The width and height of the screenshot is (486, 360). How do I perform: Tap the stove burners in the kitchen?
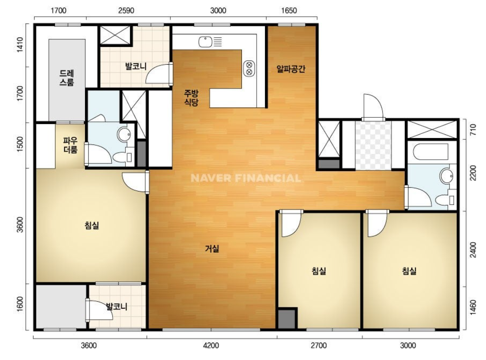[x=249, y=68]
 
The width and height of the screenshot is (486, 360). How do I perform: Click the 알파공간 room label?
[x=291, y=68]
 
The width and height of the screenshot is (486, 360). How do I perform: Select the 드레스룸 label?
[x=67, y=78]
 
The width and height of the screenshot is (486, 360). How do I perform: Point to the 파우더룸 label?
[x=71, y=145]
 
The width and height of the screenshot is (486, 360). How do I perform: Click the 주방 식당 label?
[x=191, y=98]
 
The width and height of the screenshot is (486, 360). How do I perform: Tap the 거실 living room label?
[x=212, y=248]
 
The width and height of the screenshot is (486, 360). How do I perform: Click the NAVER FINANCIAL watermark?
[x=246, y=178]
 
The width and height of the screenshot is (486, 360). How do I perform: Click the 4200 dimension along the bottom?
[x=210, y=345]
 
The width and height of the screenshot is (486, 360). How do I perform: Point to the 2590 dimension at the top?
[x=126, y=11]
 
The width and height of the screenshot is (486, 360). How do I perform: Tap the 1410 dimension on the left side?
[x=20, y=45]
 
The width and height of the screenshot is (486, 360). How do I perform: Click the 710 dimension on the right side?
[x=473, y=130]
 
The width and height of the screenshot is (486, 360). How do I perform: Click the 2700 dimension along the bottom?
[x=318, y=345]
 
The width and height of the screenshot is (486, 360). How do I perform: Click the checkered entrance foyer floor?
[x=373, y=145]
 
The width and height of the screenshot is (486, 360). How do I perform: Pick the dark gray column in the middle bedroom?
[x=288, y=318]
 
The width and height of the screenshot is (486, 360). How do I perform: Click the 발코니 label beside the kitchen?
[x=136, y=66]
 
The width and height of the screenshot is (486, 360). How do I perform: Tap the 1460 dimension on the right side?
[x=473, y=307]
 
